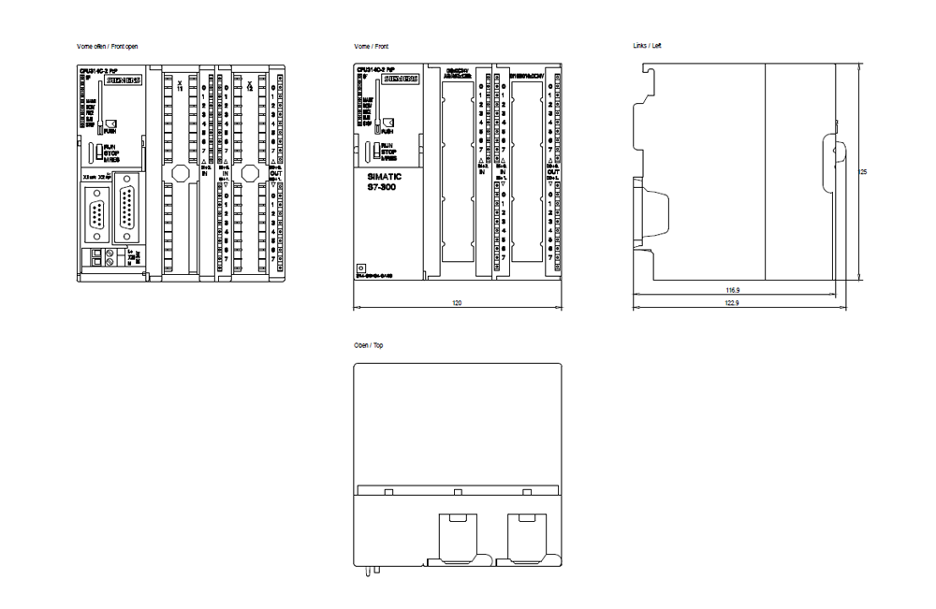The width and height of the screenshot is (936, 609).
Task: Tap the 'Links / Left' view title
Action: click(x=648, y=46)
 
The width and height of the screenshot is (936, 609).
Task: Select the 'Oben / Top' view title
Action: click(x=368, y=345)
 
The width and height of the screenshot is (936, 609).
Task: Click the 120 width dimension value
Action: click(x=457, y=303)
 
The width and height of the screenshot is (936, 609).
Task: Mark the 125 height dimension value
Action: click(x=862, y=172)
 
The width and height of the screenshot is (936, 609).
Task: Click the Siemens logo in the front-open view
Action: click(x=123, y=80)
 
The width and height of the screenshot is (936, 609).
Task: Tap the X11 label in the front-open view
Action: click(x=180, y=86)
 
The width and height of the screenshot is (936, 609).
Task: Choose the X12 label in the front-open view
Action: click(x=249, y=86)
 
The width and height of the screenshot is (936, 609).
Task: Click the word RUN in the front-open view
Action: click(x=110, y=147)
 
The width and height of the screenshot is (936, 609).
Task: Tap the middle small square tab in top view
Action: click(x=457, y=492)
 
